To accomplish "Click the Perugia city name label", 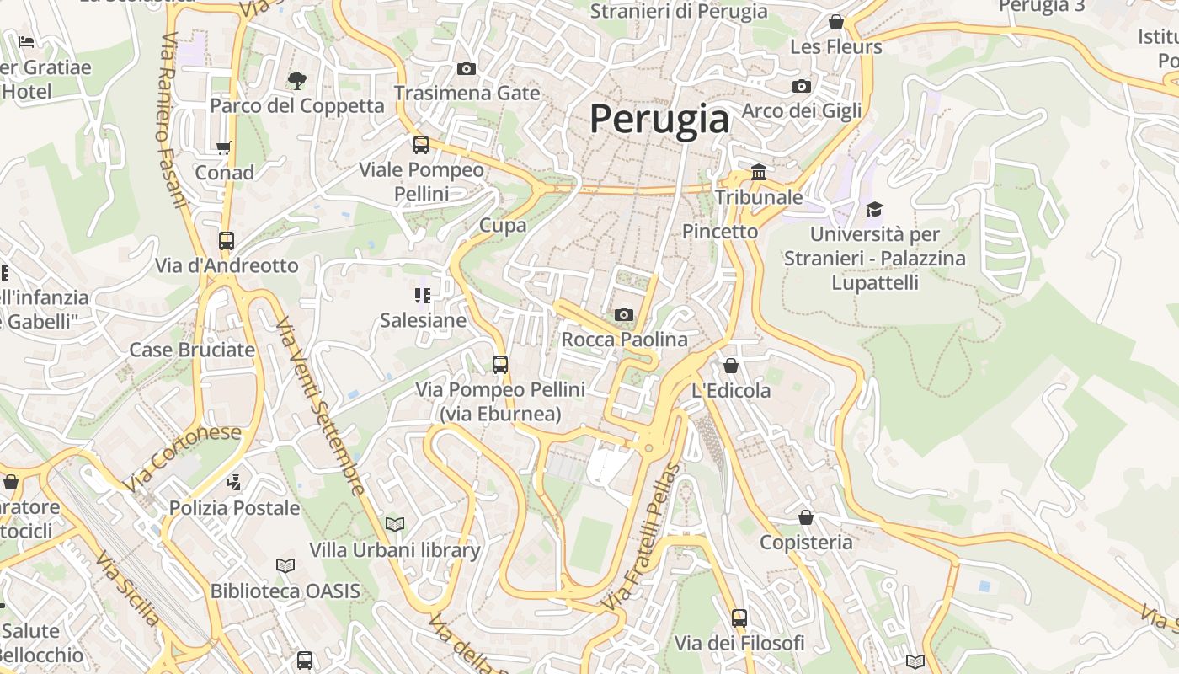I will pyautogui.click(x=659, y=119).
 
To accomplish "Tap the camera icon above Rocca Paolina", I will pyautogui.click(x=623, y=314).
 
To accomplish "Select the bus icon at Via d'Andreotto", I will pyautogui.click(x=226, y=240).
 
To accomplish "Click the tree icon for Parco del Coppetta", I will pyautogui.click(x=296, y=81).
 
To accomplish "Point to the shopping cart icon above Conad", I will pyautogui.click(x=223, y=148).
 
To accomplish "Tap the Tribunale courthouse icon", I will pyautogui.click(x=758, y=172).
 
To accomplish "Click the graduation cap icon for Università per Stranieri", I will pyautogui.click(x=874, y=209).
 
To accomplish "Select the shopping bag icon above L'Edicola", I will pyautogui.click(x=730, y=366).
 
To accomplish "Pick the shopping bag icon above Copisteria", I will pyautogui.click(x=806, y=517).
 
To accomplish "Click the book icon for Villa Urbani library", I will pyautogui.click(x=394, y=525).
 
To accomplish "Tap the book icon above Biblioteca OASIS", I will pyautogui.click(x=285, y=565).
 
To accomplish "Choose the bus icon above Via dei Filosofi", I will pyautogui.click(x=739, y=618).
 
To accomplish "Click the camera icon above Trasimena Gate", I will pyautogui.click(x=466, y=68).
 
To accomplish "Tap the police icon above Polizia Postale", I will pyautogui.click(x=234, y=483).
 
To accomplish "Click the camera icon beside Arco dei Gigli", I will pyautogui.click(x=801, y=86).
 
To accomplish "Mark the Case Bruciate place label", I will pyautogui.click(x=192, y=350).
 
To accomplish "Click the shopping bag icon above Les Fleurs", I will pyautogui.click(x=835, y=22).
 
